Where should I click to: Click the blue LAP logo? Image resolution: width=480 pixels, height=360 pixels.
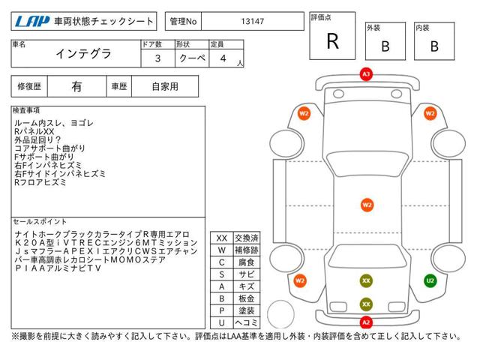(32, 22)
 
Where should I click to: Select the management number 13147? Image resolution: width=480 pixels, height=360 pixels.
(253, 22)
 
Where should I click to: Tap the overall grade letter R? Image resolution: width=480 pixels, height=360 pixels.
(333, 41)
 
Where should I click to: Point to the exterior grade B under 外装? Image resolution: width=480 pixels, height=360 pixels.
(385, 46)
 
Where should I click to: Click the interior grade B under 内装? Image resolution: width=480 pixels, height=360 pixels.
(434, 46)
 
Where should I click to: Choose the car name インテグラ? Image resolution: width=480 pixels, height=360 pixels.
(83, 54)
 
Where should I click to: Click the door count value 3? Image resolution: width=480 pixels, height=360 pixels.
(157, 58)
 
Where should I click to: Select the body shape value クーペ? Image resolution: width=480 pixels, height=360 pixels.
(192, 58)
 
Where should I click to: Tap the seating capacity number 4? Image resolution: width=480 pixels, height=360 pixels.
(223, 58)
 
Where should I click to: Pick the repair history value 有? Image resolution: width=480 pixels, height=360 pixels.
(76, 87)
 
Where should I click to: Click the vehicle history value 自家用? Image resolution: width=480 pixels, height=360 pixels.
(165, 87)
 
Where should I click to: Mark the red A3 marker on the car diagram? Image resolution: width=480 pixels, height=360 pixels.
(366, 74)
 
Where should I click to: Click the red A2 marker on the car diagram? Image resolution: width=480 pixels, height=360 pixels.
(366, 322)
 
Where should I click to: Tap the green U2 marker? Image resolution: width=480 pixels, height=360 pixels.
(430, 280)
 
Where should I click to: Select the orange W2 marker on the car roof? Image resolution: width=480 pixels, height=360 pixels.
(367, 205)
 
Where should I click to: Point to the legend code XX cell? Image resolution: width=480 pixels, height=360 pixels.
(222, 238)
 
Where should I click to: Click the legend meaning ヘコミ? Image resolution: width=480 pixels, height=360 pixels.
(247, 322)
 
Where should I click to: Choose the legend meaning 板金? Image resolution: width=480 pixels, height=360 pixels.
(247, 298)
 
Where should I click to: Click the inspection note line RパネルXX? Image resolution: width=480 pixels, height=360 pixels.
(34, 132)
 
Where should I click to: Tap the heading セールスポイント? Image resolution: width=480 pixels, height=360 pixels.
(40, 222)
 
